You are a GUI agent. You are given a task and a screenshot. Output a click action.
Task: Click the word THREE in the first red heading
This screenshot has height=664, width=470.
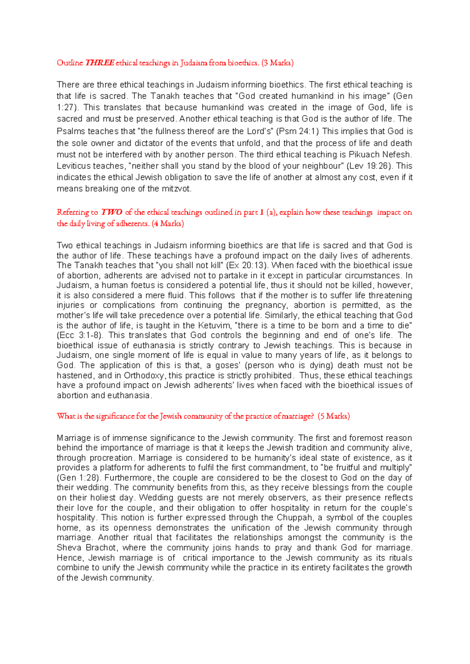click(x=100, y=63)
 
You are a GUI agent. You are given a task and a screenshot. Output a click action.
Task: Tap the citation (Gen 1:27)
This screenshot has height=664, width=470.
click(x=403, y=96)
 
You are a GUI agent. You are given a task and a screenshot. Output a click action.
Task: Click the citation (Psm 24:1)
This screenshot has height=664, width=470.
click(x=298, y=131)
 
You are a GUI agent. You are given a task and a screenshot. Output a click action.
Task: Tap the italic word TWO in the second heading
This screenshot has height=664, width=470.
click(x=112, y=212)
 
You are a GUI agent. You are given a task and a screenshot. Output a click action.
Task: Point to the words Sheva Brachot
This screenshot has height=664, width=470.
click(x=86, y=548)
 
